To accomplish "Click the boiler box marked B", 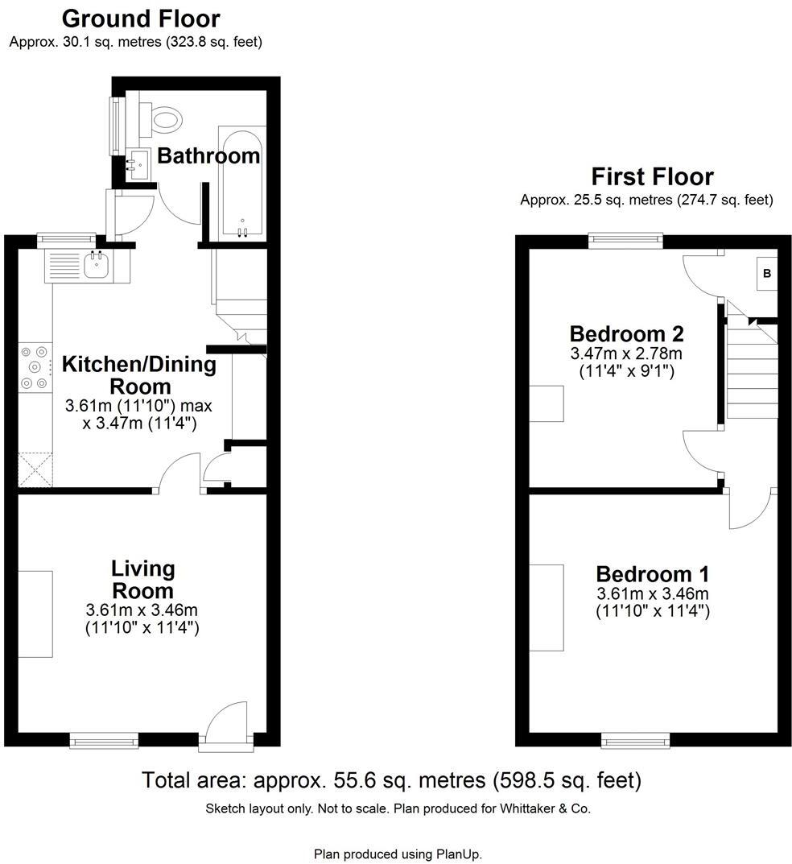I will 767,274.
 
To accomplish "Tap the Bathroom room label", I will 208,155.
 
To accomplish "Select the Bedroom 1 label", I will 652,574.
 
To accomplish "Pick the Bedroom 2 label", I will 626,333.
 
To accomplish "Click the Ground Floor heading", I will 141,18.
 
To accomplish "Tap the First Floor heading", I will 652,176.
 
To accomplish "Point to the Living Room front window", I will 103,738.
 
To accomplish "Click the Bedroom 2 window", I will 625,239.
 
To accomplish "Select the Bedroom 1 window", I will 635,738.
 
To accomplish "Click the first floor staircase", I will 752,370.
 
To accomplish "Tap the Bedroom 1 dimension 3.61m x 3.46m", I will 652,594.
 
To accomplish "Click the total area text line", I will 391,779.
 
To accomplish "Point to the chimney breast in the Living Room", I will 35,614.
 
